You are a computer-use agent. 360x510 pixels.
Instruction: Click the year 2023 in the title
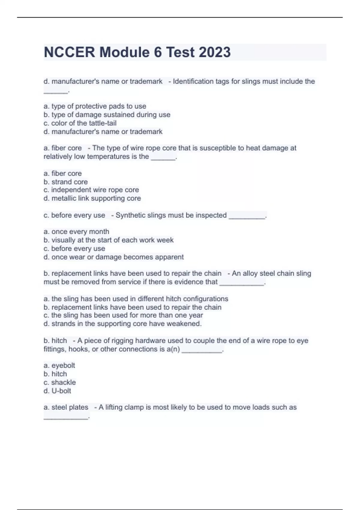click(x=214, y=52)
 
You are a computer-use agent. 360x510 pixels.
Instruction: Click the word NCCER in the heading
click(x=69, y=52)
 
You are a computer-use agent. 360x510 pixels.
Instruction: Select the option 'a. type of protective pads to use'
click(x=95, y=106)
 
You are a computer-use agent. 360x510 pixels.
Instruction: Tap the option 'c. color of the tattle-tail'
click(x=80, y=123)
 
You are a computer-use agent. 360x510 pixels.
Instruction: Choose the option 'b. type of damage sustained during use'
click(x=107, y=115)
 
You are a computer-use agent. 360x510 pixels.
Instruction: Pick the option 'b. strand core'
click(x=65, y=182)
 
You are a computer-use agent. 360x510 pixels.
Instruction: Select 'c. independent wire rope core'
click(x=91, y=190)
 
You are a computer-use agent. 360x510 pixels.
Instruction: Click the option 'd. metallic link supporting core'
click(x=92, y=198)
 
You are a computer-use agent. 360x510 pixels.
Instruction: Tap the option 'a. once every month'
click(x=76, y=232)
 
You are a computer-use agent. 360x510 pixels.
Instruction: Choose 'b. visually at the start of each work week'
click(x=108, y=240)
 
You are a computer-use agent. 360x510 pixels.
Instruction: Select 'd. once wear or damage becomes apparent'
click(x=113, y=257)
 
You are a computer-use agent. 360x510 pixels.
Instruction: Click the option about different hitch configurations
click(x=136, y=299)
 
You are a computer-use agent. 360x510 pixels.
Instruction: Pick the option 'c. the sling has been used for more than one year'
click(x=123, y=315)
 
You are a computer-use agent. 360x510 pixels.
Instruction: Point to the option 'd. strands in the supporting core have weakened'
click(x=122, y=324)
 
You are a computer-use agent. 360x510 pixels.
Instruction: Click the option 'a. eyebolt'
click(x=59, y=365)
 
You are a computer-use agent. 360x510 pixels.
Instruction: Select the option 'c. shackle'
click(x=59, y=382)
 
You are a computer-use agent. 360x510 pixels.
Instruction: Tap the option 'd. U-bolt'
click(x=57, y=391)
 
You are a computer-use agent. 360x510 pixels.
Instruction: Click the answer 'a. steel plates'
click(x=66, y=407)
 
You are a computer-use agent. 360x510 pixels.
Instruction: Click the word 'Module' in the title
click(x=124, y=52)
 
